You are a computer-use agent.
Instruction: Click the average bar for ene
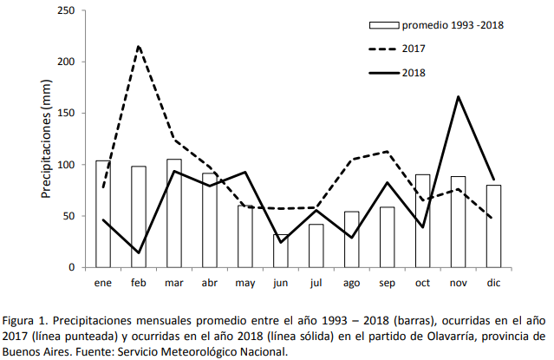[x=102, y=213]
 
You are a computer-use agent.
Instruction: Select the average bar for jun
[x=281, y=251]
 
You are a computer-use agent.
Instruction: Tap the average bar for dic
[x=493, y=226]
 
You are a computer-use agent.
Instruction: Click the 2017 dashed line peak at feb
[x=139, y=46]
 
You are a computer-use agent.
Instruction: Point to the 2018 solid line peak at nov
[x=458, y=96]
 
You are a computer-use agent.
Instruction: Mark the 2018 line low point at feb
[x=139, y=252]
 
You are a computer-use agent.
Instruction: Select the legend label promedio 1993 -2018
[x=453, y=25]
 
